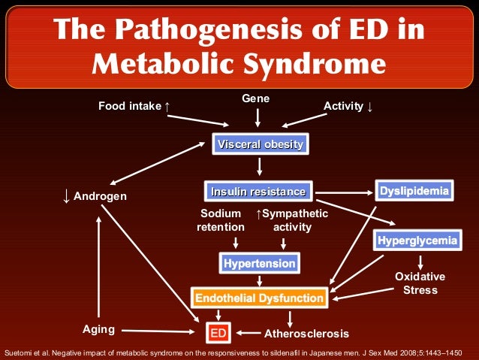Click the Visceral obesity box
pos(261,144)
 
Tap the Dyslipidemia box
pos(414,191)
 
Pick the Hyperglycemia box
pos(417,241)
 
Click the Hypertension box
pos(259,263)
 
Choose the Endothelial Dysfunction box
pos(259,298)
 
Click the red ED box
pos(218,331)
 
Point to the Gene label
pos(255,98)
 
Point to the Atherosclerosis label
pos(306,332)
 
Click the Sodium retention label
pos(221,220)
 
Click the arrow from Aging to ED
pos(158,330)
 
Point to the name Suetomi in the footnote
pos(17,352)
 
